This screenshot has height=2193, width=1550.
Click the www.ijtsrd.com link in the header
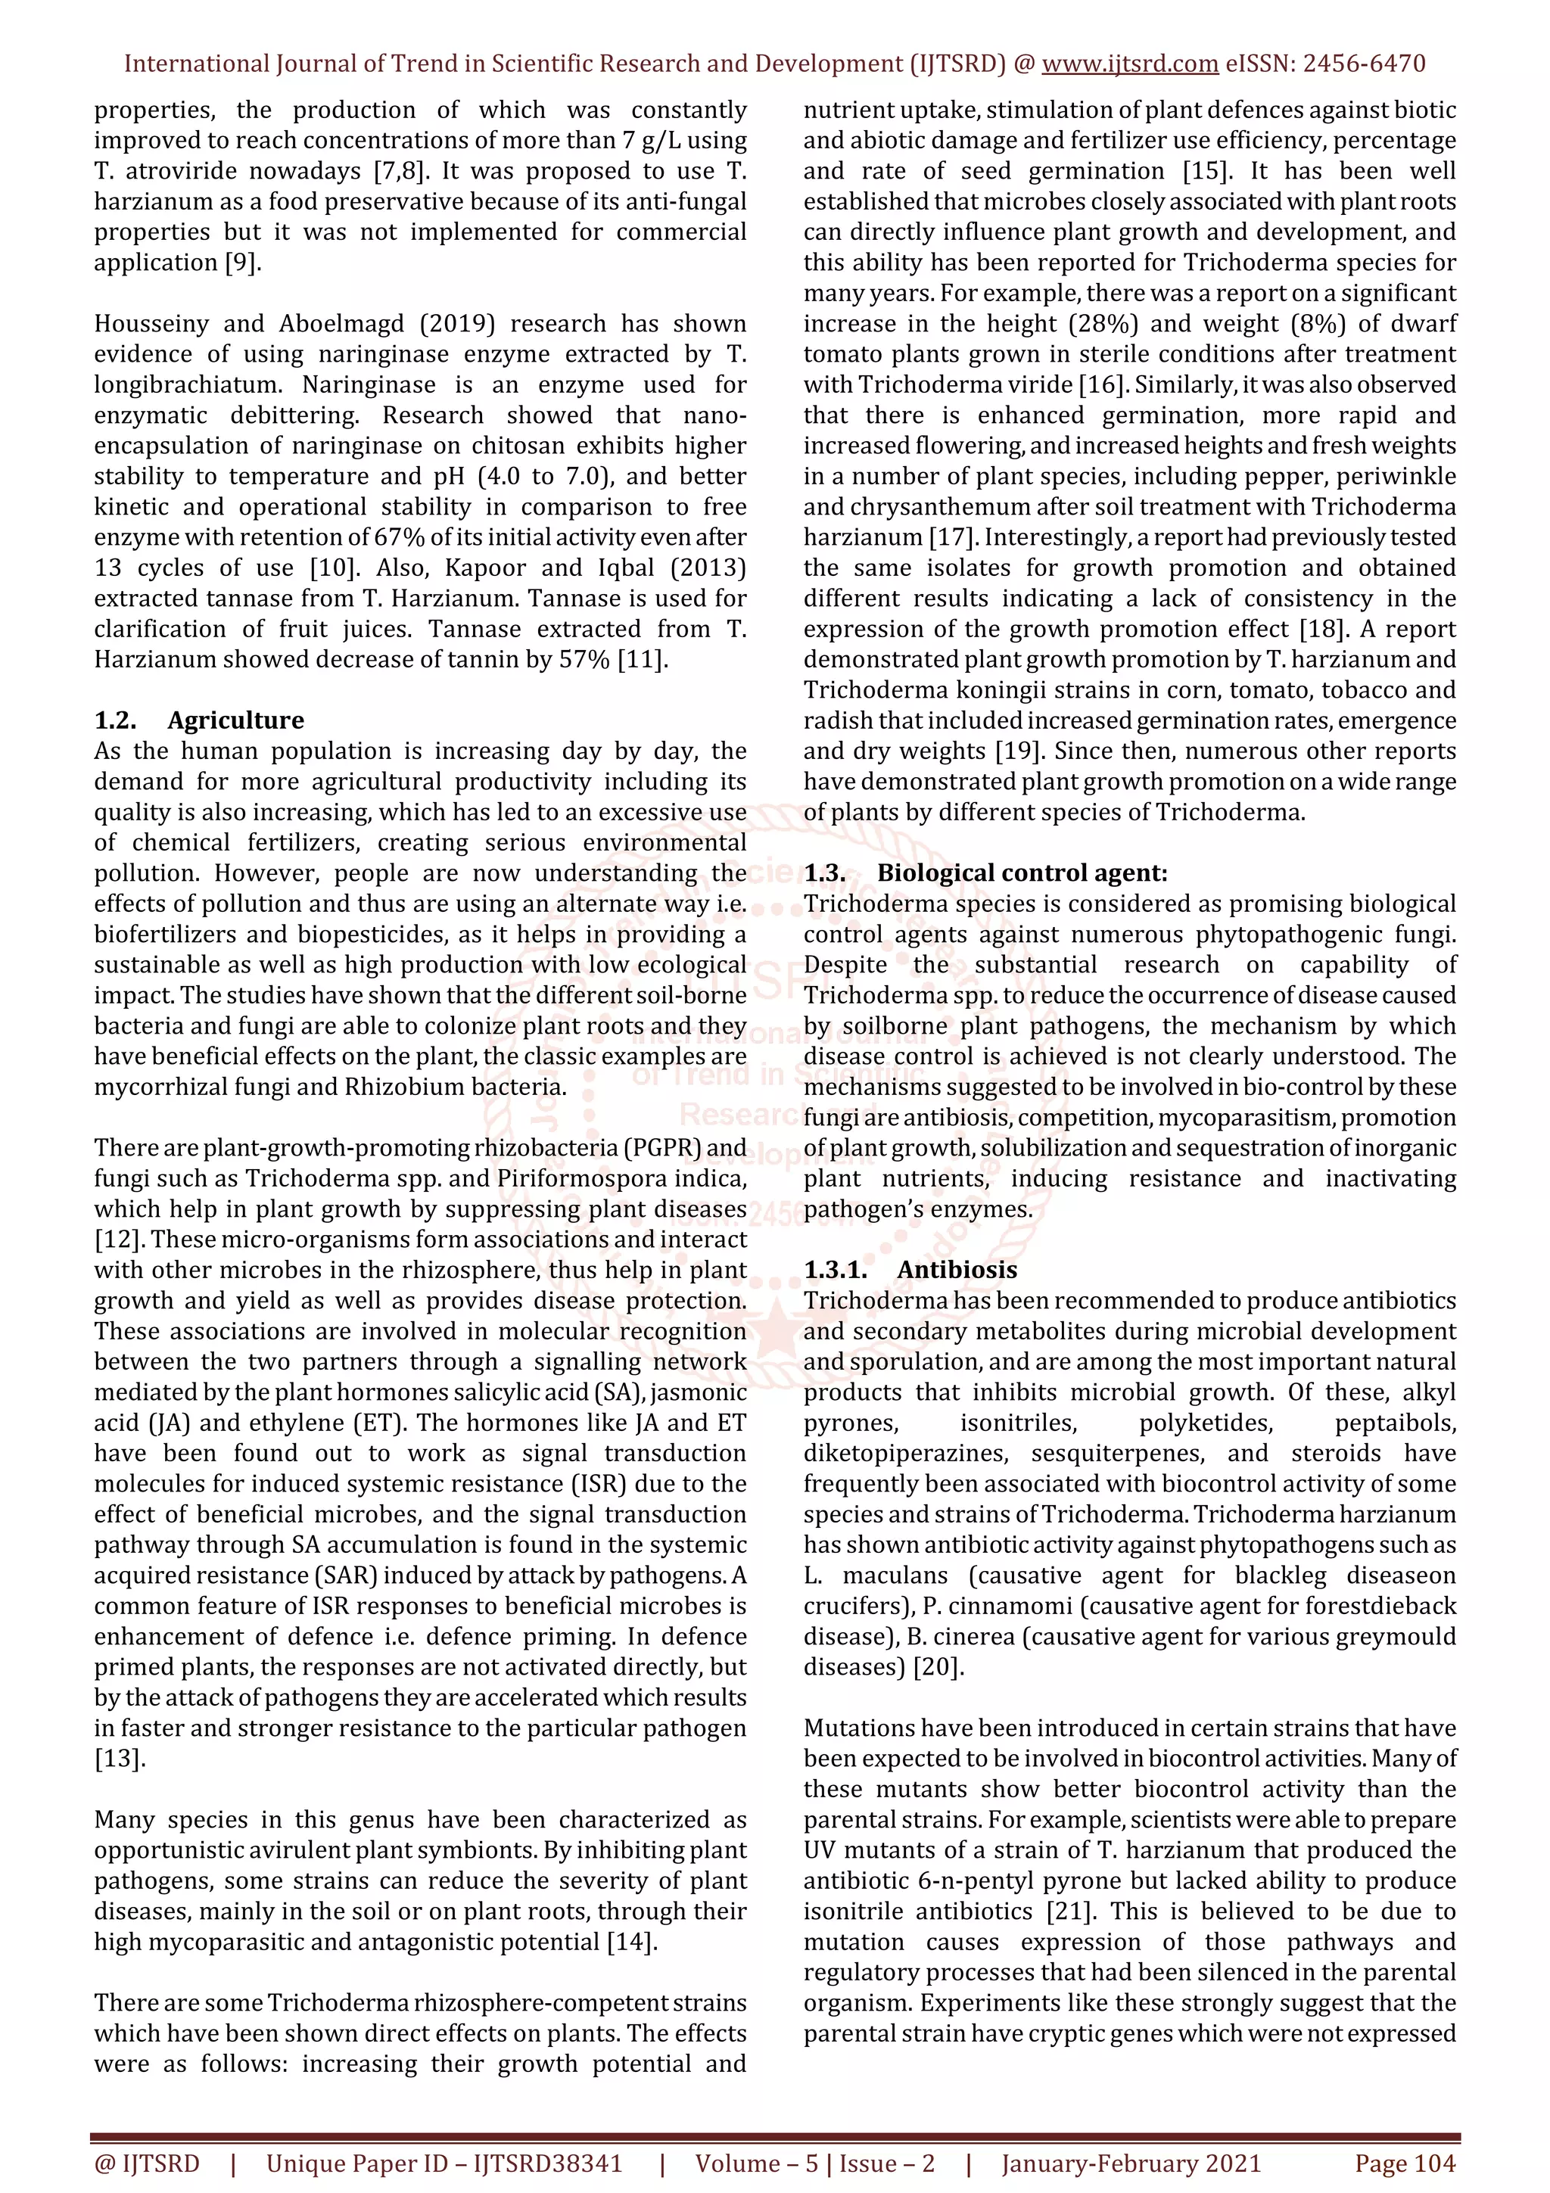coord(1129,64)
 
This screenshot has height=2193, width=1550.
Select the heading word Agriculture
coord(236,720)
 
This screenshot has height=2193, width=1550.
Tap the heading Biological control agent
coord(1022,873)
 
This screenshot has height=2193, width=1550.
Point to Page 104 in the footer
coord(1405,2163)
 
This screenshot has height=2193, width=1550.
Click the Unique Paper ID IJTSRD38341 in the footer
coord(444,2163)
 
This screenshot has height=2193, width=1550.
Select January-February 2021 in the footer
coord(1131,2163)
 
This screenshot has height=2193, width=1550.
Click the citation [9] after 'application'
coord(243,263)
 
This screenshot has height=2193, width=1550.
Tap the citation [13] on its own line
coord(120,1759)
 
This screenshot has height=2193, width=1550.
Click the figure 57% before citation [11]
coord(584,659)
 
